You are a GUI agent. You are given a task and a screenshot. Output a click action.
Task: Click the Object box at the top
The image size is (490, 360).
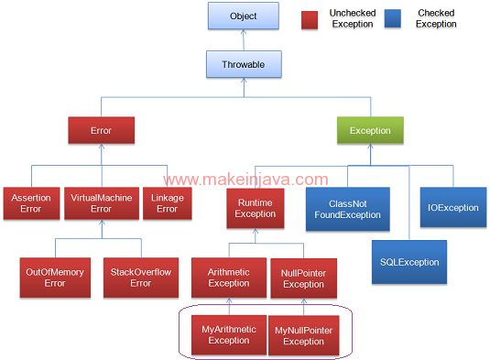[243, 16]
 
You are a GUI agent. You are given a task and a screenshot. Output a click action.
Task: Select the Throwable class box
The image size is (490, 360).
[243, 64]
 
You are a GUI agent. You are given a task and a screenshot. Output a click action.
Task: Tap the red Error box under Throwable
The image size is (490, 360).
[101, 131]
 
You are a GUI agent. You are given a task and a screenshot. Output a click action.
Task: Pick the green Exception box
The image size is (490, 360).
[370, 131]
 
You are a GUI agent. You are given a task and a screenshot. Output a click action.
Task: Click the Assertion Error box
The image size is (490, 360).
[31, 202]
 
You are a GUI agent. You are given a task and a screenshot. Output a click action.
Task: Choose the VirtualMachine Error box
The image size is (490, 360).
[101, 202]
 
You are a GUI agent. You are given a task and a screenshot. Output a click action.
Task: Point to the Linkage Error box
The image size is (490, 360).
[167, 202]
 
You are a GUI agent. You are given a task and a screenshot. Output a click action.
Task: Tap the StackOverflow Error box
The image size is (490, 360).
[140, 277]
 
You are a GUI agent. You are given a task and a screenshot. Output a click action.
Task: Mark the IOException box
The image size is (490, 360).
[452, 208]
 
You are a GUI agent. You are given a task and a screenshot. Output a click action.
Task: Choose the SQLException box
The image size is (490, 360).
[408, 262]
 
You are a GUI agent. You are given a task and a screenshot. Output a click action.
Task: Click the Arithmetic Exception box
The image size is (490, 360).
[228, 278]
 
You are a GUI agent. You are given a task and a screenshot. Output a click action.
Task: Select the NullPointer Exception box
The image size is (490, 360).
[304, 278]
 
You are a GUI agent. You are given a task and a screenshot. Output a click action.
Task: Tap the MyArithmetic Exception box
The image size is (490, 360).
[228, 334]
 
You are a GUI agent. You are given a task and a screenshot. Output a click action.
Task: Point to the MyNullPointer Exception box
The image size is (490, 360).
[304, 334]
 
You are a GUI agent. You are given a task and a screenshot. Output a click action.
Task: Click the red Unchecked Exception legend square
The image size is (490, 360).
[310, 17]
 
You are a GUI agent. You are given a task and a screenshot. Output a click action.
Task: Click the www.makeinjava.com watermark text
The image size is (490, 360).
[245, 180]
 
